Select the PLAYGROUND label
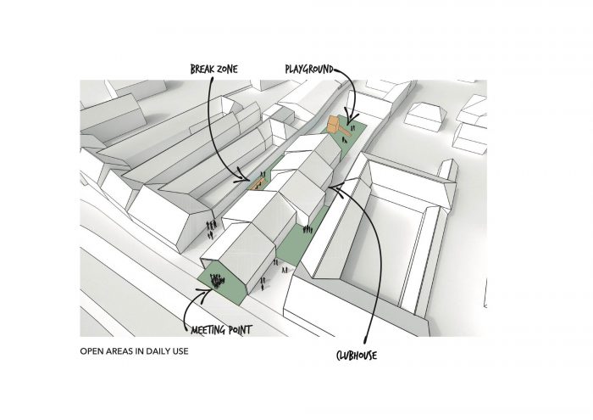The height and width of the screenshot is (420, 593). point(309,70)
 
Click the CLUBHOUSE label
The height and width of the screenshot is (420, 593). point(357,356)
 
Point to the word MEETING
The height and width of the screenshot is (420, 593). point(208,330)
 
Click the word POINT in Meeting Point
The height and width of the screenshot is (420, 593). point(241,330)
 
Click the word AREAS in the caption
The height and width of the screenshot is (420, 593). point(120,351)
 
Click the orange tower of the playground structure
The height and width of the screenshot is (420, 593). point(333,124)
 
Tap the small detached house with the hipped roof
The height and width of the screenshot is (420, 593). point(425,116)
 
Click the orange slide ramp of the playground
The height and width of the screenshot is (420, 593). point(344,131)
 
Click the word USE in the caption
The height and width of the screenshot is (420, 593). point(180,351)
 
